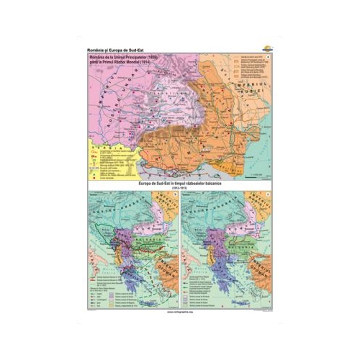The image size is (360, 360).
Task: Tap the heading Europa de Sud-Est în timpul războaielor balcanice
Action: click(x=180, y=184)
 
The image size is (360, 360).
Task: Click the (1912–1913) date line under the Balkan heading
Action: click(x=180, y=189)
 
